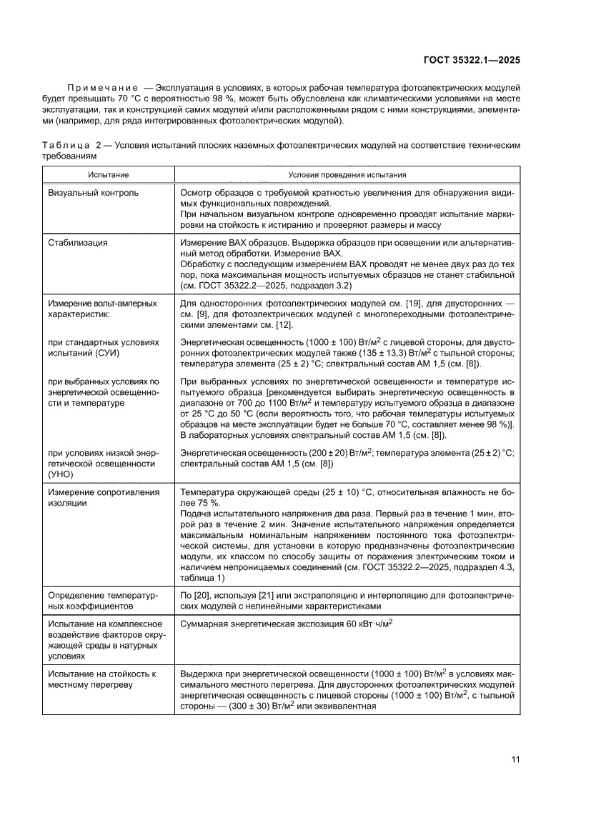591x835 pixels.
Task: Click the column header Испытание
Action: (x=109, y=174)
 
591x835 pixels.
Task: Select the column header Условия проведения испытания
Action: (x=347, y=174)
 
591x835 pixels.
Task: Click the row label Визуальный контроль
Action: (x=93, y=193)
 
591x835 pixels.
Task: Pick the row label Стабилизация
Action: (x=77, y=243)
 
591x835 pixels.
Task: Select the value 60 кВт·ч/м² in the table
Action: (x=361, y=624)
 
